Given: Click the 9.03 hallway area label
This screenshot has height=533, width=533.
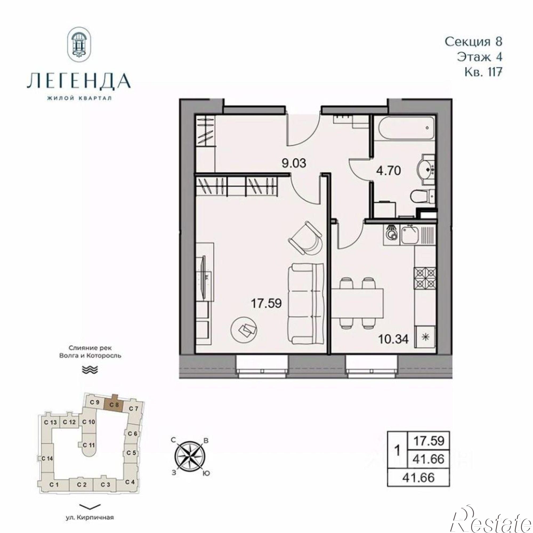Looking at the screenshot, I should click(293, 163).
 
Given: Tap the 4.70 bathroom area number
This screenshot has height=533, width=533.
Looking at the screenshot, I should click(389, 171).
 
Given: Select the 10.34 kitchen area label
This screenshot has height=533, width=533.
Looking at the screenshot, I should click(393, 339).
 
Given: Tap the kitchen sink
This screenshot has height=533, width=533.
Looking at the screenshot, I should click(410, 235).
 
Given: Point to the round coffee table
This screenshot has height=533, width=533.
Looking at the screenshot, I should click(244, 329).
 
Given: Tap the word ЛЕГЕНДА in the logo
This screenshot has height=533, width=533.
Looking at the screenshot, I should click(79, 80).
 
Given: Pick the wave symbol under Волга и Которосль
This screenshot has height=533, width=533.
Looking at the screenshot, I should click(90, 370).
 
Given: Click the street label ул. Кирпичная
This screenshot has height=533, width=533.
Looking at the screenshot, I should click(90, 518).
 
